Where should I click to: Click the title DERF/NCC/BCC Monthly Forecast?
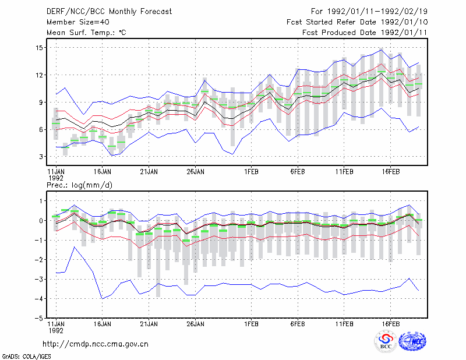(x=109, y=12)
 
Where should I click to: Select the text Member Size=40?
(x=78, y=22)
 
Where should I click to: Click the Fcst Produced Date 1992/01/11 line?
(x=365, y=33)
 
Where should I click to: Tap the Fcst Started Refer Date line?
(x=357, y=22)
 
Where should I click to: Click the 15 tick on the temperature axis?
(x=40, y=48)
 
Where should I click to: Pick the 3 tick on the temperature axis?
(x=41, y=157)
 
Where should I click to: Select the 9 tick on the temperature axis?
(x=41, y=103)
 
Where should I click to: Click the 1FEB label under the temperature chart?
(x=252, y=171)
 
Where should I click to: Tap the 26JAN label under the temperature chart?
(x=195, y=171)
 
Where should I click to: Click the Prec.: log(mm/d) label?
(x=79, y=185)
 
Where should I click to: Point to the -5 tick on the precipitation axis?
(x=38, y=318)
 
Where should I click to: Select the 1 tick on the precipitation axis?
(x=41, y=201)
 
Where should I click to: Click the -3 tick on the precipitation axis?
(x=38, y=279)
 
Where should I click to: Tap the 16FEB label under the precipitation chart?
(x=390, y=324)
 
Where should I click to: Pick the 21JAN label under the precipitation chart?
(x=149, y=324)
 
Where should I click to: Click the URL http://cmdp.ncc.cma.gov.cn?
(x=96, y=344)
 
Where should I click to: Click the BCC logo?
(x=386, y=341)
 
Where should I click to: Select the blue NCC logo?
(x=412, y=341)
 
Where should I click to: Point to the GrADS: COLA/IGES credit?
(x=26, y=357)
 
